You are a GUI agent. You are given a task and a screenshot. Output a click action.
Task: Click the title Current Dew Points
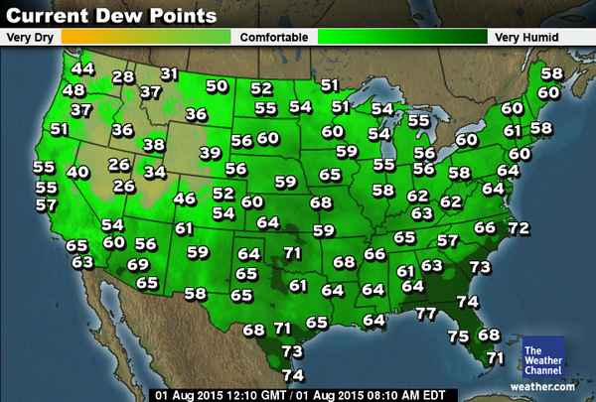point(111,16)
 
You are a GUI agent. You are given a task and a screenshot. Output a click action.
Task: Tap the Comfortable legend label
point(269,37)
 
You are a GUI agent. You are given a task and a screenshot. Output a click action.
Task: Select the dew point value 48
point(74,90)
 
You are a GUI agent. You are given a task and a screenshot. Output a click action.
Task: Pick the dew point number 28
point(123,77)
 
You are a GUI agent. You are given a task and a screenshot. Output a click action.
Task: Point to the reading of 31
point(169,73)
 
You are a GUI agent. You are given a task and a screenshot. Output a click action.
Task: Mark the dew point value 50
point(216,86)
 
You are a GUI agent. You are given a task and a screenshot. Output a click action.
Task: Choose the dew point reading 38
point(154,145)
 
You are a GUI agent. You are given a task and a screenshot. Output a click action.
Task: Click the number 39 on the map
point(210,153)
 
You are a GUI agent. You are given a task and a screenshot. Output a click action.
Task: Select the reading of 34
point(155,172)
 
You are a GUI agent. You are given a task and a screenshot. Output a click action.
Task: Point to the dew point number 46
point(185,199)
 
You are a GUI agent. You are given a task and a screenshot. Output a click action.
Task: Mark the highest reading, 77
point(426,314)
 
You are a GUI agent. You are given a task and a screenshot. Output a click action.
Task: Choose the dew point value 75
point(458,336)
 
